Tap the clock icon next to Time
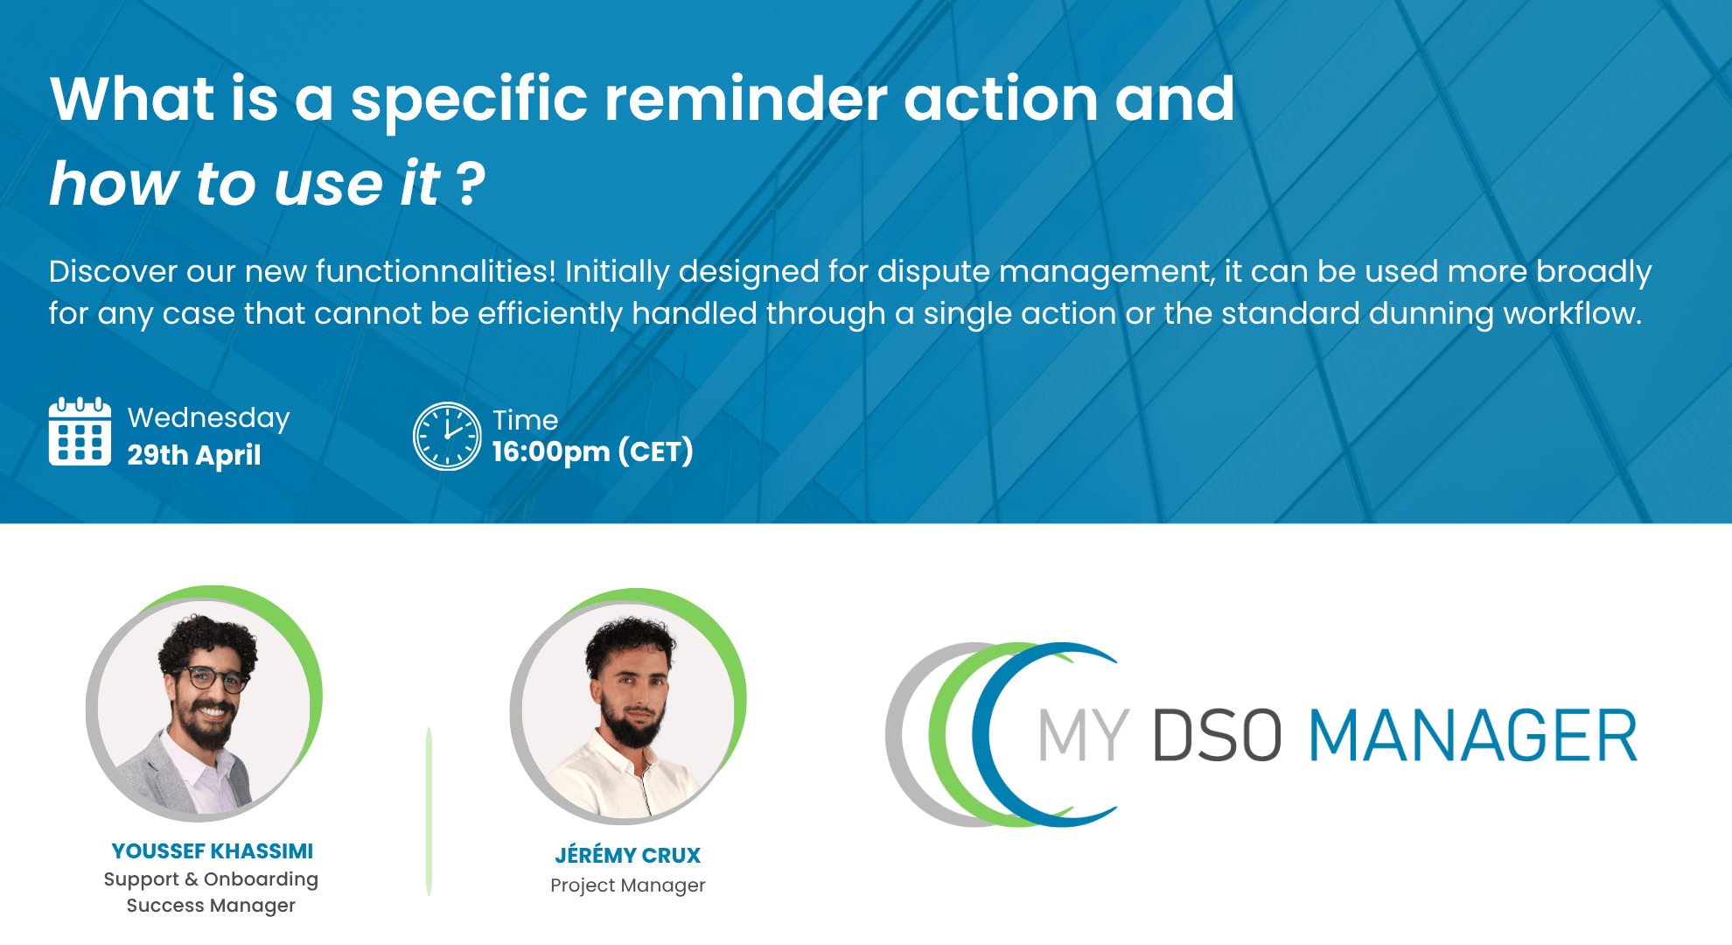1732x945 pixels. click(x=447, y=436)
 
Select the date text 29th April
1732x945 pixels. click(x=194, y=455)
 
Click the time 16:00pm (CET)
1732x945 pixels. click(x=592, y=451)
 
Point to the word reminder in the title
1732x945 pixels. click(x=745, y=99)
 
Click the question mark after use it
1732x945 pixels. click(x=471, y=184)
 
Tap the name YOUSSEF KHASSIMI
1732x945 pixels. click(x=213, y=851)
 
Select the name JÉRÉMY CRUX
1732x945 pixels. click(x=627, y=855)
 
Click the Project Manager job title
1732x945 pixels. click(x=627, y=885)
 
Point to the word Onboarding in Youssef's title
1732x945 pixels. click(x=261, y=879)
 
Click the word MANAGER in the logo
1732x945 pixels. click(x=1472, y=736)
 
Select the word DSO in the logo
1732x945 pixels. click(x=1217, y=736)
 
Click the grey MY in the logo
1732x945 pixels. click(x=1083, y=736)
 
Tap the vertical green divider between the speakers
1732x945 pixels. click(x=429, y=810)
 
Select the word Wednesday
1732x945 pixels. click(x=208, y=417)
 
